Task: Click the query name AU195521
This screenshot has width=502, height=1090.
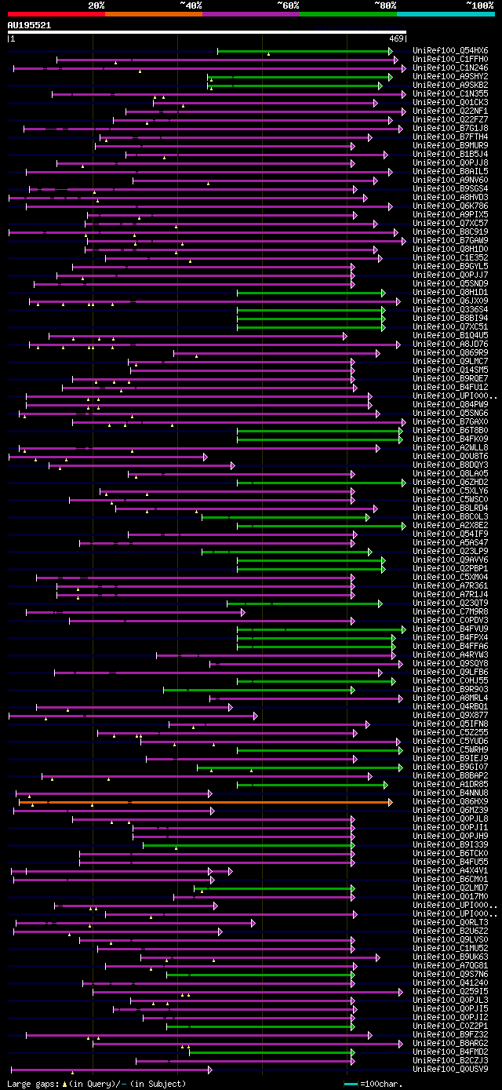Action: click(30, 25)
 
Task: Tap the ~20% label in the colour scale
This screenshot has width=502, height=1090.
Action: click(96, 5)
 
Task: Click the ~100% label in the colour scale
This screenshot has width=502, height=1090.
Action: click(479, 5)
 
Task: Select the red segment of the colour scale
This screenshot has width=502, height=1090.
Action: click(56, 13)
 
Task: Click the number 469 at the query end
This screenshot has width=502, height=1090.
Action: click(396, 38)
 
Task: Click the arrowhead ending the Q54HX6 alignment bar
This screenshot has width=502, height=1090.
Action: click(390, 51)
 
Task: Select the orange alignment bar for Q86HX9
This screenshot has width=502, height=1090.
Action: click(204, 802)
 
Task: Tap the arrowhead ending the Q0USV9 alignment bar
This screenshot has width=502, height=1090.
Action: click(209, 1069)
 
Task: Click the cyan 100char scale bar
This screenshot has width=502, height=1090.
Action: click(351, 1084)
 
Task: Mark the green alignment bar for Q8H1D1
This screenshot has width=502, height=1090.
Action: click(310, 293)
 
